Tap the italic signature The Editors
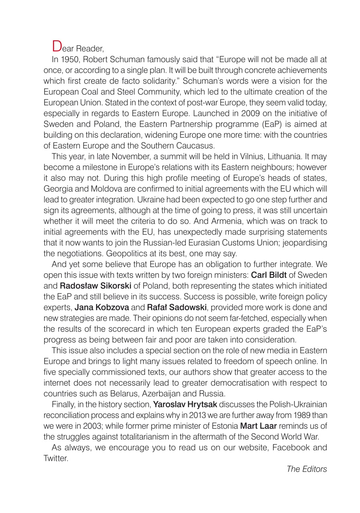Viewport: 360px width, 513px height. tap(307, 469)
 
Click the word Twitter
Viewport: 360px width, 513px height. tap(56, 458)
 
